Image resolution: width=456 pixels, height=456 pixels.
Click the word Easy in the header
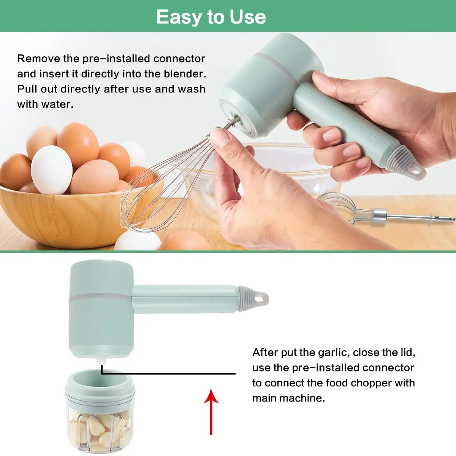tap(179, 17)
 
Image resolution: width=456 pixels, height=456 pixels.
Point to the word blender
tap(187, 74)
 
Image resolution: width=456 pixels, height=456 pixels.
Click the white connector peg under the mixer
tap(101, 363)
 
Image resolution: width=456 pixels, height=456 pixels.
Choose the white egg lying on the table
tap(138, 240)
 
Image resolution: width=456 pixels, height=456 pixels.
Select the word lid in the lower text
tap(407, 352)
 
